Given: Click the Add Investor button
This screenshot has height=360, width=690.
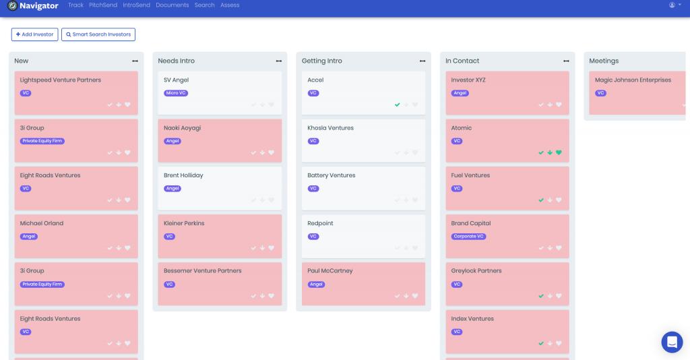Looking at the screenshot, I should click(x=34, y=34).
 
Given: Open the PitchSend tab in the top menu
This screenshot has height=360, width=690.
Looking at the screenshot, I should click(x=103, y=5).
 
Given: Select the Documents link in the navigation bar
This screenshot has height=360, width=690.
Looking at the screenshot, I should click(x=172, y=5).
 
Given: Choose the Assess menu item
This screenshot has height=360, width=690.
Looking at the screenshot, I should click(x=230, y=5).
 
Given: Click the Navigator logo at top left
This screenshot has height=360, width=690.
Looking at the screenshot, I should click(x=39, y=5).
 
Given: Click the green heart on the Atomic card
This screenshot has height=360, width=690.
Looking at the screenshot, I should click(x=559, y=152).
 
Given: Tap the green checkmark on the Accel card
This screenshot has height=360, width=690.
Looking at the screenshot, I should click(x=398, y=104).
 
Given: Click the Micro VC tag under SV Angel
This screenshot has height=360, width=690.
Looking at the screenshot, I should click(x=176, y=93).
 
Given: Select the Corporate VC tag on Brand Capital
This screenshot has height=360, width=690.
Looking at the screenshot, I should click(x=468, y=237).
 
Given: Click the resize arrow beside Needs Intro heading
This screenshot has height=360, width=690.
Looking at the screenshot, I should click(x=279, y=61).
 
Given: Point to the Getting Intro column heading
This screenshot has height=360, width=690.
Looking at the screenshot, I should click(x=321, y=61).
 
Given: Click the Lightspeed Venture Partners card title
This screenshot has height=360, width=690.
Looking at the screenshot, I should click(x=61, y=80).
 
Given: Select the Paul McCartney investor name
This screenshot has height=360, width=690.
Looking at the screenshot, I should click(x=330, y=271).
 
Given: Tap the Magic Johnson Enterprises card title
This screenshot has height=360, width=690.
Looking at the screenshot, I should click(x=633, y=80).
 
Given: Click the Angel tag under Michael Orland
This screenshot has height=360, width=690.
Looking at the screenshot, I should click(x=29, y=237).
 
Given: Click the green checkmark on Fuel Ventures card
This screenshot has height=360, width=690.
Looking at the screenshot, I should click(x=540, y=200).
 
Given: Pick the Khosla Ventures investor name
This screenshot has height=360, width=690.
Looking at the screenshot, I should click(x=330, y=128).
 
